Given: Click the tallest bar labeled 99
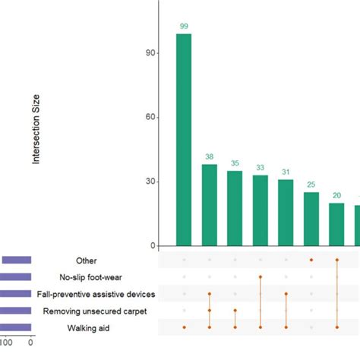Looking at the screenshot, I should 184,140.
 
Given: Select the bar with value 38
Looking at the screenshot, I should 210,205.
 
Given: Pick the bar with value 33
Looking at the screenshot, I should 261,210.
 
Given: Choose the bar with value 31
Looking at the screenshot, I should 286,213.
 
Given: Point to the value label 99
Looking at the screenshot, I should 184,27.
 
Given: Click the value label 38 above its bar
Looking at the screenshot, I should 210,157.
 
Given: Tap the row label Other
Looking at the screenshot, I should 87,260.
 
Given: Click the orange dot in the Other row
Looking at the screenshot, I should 311,260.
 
